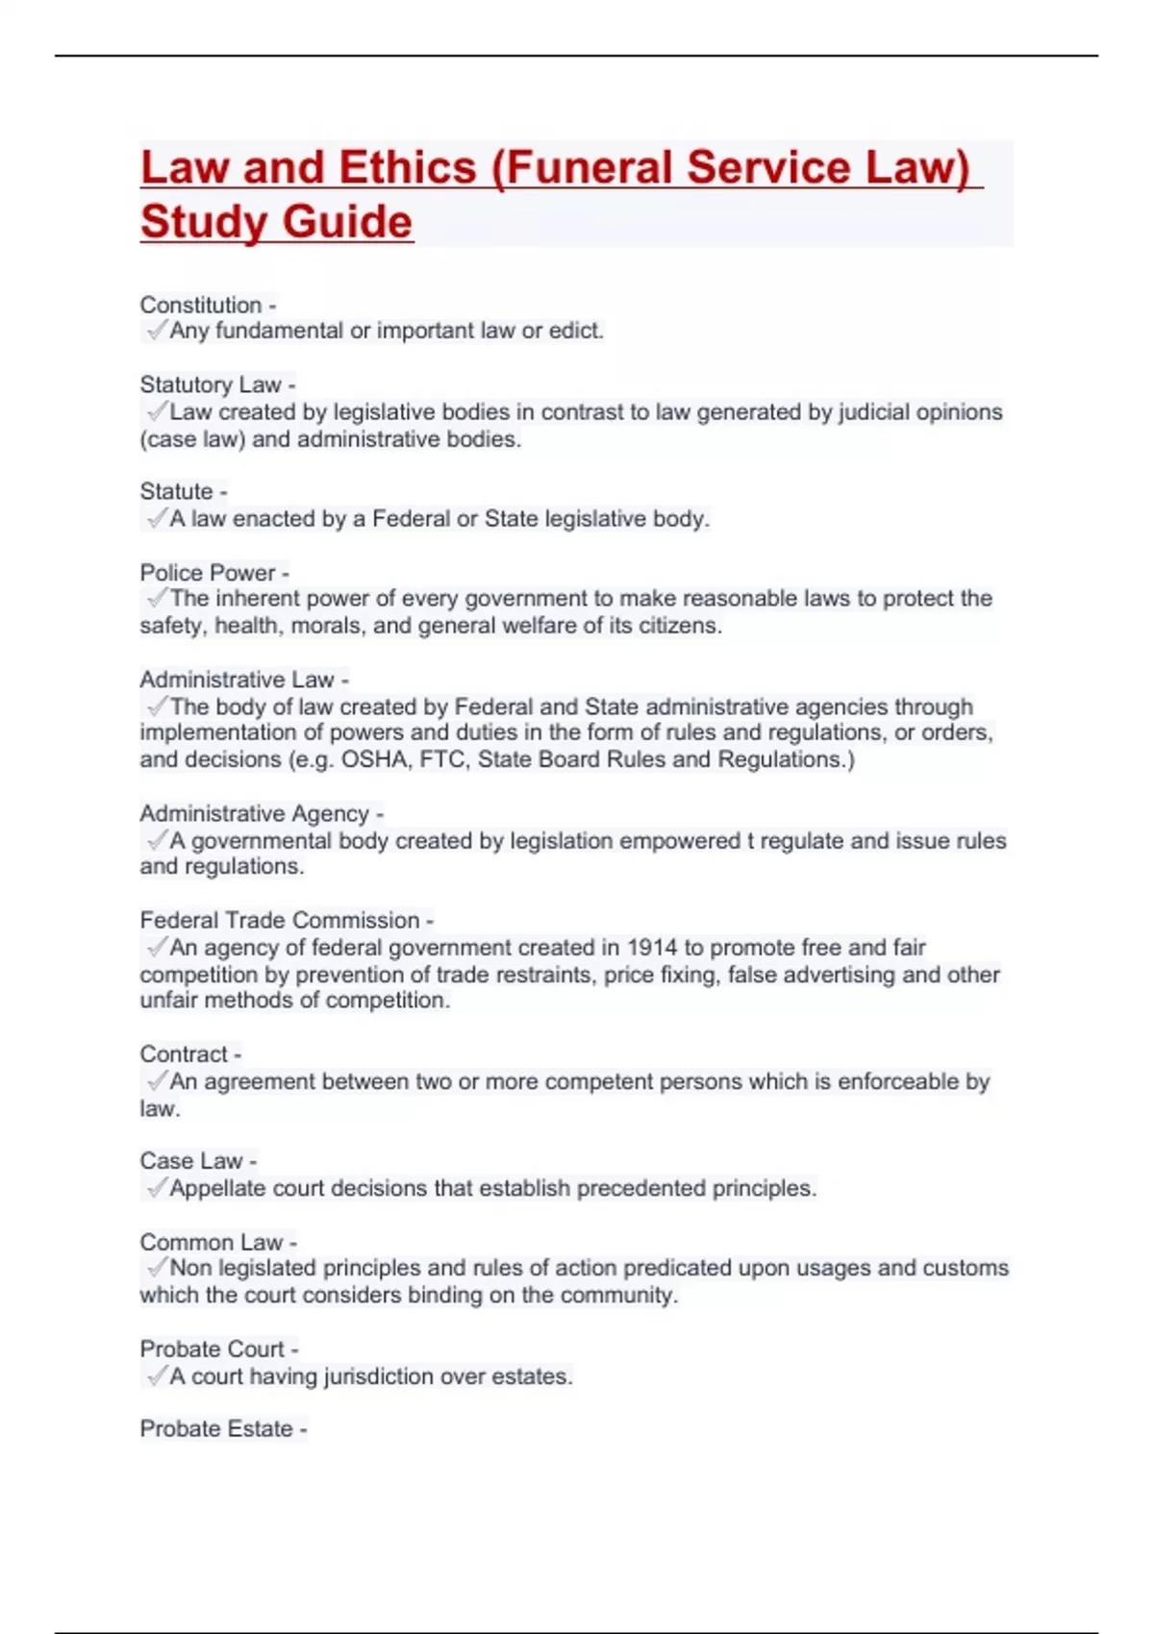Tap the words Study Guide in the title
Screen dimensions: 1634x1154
tap(276, 222)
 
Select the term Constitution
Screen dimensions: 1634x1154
tap(200, 305)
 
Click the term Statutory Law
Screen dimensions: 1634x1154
tap(210, 384)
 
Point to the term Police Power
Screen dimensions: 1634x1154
tap(207, 573)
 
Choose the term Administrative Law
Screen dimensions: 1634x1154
tap(237, 680)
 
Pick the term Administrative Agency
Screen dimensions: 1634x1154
tap(254, 813)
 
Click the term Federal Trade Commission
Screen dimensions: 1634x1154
tap(279, 920)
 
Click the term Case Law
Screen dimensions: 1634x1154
tap(190, 1161)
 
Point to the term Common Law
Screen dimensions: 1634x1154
tap(211, 1242)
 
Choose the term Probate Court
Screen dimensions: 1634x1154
tap(212, 1349)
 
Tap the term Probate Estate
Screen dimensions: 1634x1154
tap(215, 1428)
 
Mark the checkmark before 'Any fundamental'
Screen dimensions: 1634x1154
tap(156, 331)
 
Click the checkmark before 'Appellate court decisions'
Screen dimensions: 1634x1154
tap(156, 1188)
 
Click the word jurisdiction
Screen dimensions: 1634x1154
tap(377, 1376)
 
